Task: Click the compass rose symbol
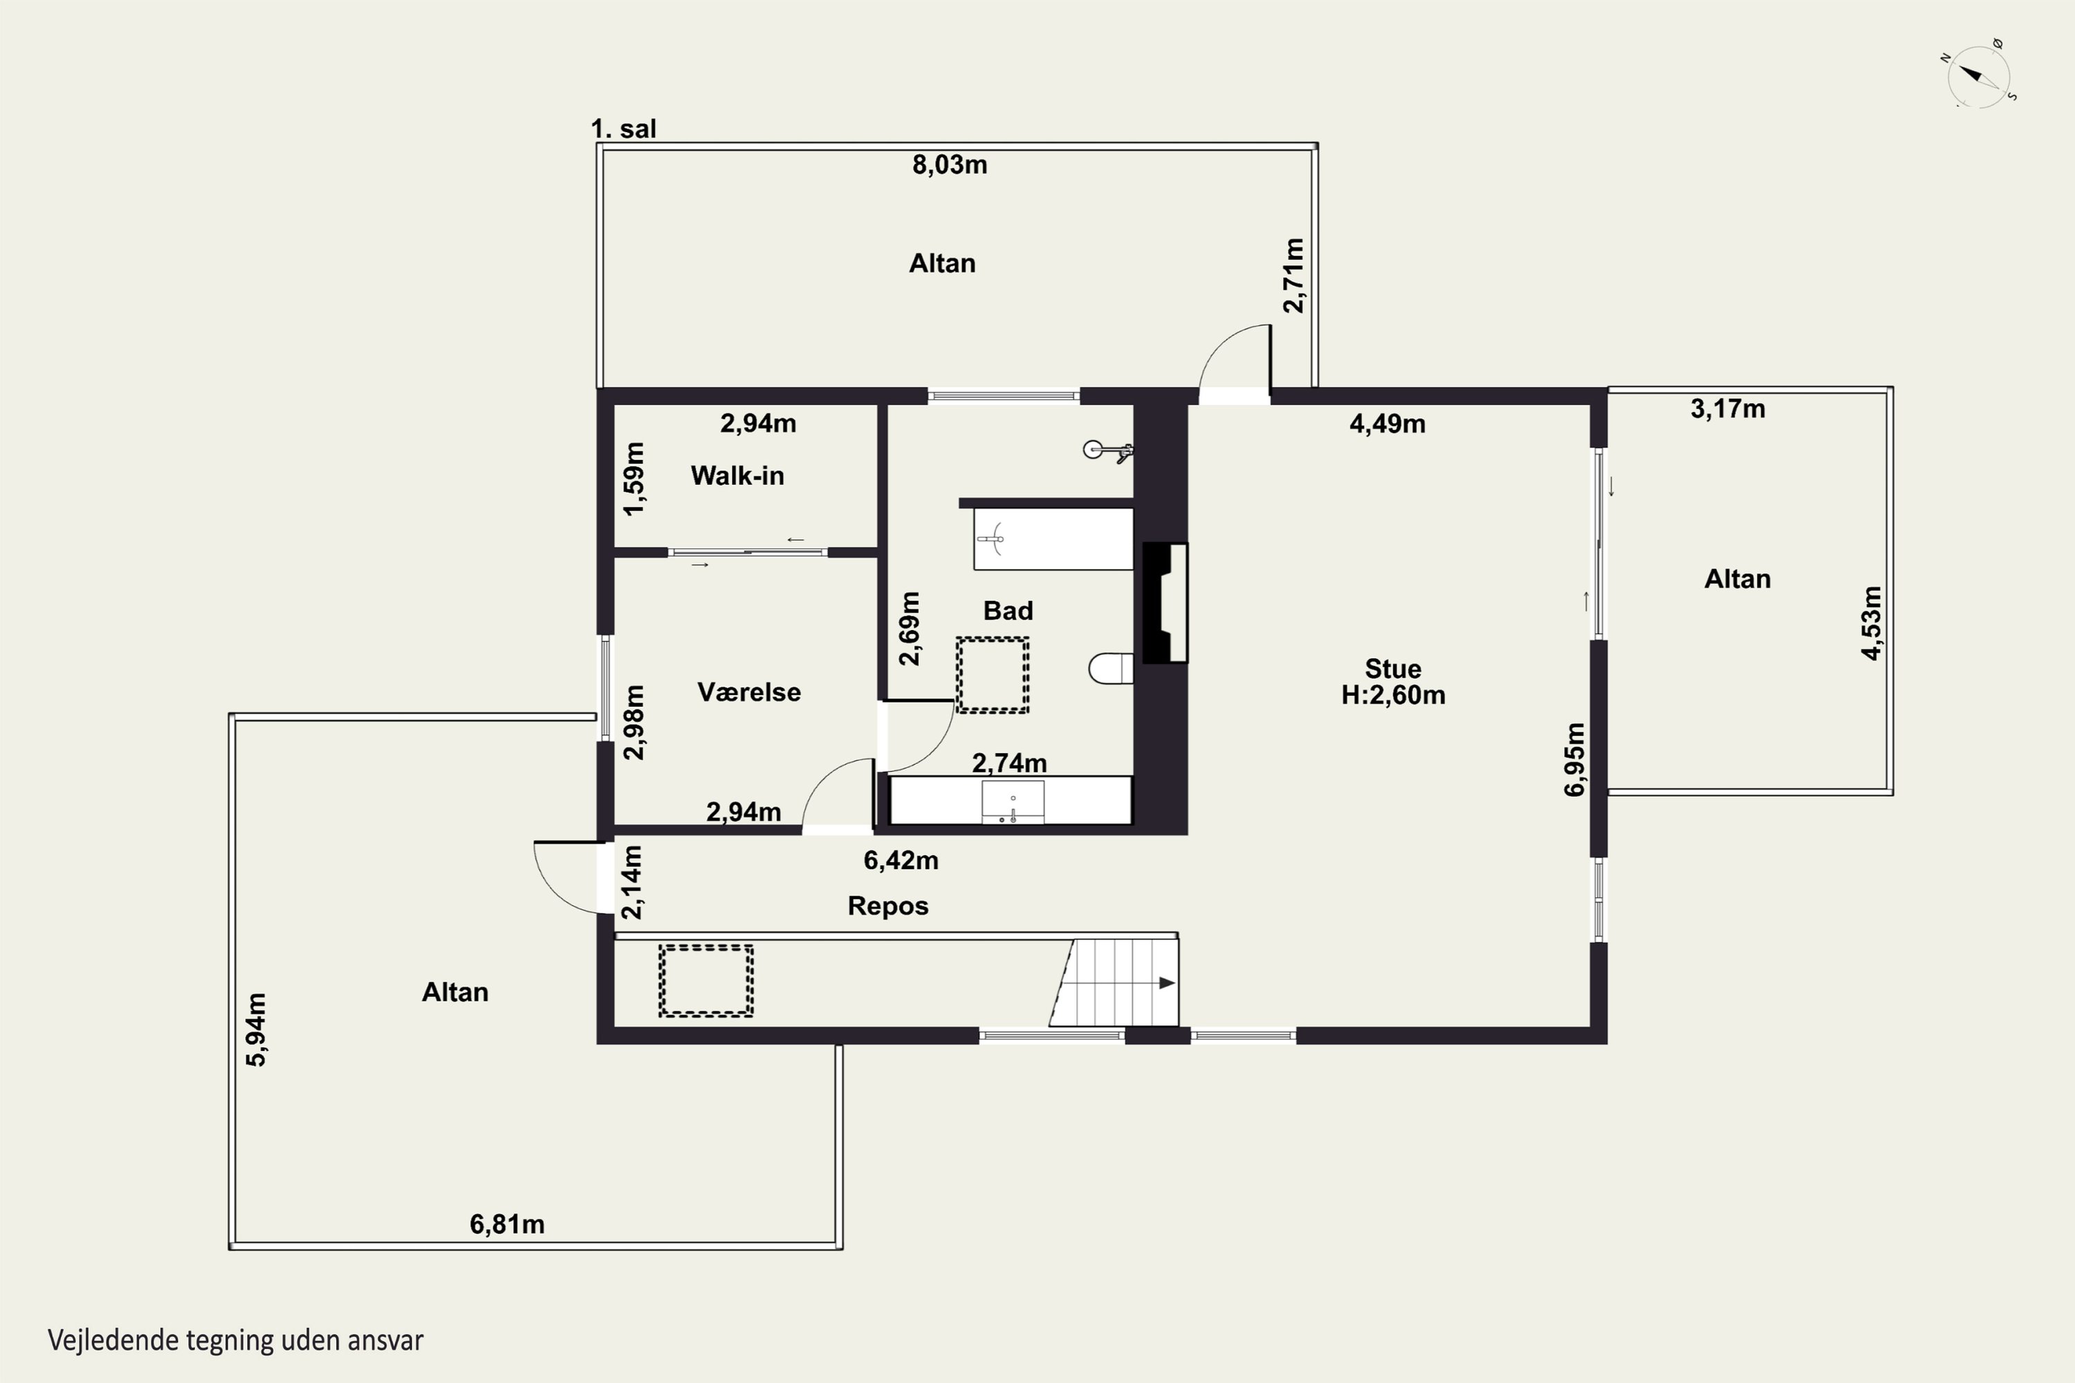click(x=1979, y=75)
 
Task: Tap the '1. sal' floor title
click(x=623, y=129)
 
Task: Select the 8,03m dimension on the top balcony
click(x=949, y=165)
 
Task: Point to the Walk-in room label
click(x=737, y=476)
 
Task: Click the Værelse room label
click(x=749, y=691)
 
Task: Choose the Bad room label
click(x=1008, y=611)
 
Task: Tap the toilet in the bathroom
click(x=1111, y=669)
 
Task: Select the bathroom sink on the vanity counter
click(x=1013, y=801)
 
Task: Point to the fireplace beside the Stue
click(x=1165, y=603)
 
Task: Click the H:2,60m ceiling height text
click(x=1393, y=695)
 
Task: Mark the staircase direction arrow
click(x=1166, y=983)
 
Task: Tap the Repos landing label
click(x=887, y=906)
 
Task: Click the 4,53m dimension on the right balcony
click(x=1871, y=623)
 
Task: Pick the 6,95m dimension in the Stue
click(x=1574, y=759)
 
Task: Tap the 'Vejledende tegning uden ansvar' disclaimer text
click(x=236, y=1341)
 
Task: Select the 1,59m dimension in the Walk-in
click(x=634, y=479)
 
